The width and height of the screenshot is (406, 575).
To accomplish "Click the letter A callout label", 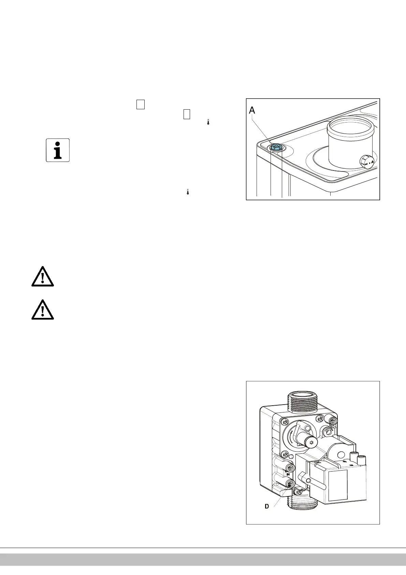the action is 252,110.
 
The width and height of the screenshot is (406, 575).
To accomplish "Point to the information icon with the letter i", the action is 58,150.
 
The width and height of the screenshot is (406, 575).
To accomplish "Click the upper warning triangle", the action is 42,276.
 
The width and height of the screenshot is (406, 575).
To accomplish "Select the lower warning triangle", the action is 42,310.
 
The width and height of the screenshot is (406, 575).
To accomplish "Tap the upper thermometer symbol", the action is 208,122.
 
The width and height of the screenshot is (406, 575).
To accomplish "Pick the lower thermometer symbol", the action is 188,192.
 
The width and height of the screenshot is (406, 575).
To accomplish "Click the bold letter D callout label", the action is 267,507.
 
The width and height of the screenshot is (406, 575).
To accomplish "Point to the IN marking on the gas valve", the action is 288,474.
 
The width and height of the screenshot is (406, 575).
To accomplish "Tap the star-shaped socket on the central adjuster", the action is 311,443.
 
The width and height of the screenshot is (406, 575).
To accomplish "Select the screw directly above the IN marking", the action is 291,467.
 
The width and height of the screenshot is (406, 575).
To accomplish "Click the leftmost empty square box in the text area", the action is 141,104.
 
